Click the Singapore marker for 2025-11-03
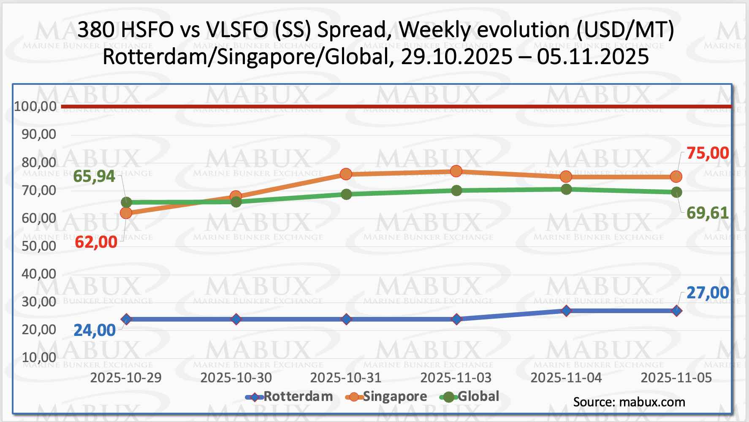[456, 171]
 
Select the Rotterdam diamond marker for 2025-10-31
[346, 319]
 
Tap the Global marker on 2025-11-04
[566, 189]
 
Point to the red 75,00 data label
[708, 153]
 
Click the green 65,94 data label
[94, 176]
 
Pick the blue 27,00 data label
[708, 292]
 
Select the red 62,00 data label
[96, 242]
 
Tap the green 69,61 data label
[708, 213]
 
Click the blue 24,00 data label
[95, 330]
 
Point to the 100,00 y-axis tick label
[35, 106]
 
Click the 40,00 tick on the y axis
[39, 274]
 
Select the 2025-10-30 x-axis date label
[236, 377]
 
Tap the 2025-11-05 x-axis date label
[676, 377]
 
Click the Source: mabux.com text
[629, 402]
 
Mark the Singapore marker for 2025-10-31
[346, 174]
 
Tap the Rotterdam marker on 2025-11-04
[566, 311]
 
